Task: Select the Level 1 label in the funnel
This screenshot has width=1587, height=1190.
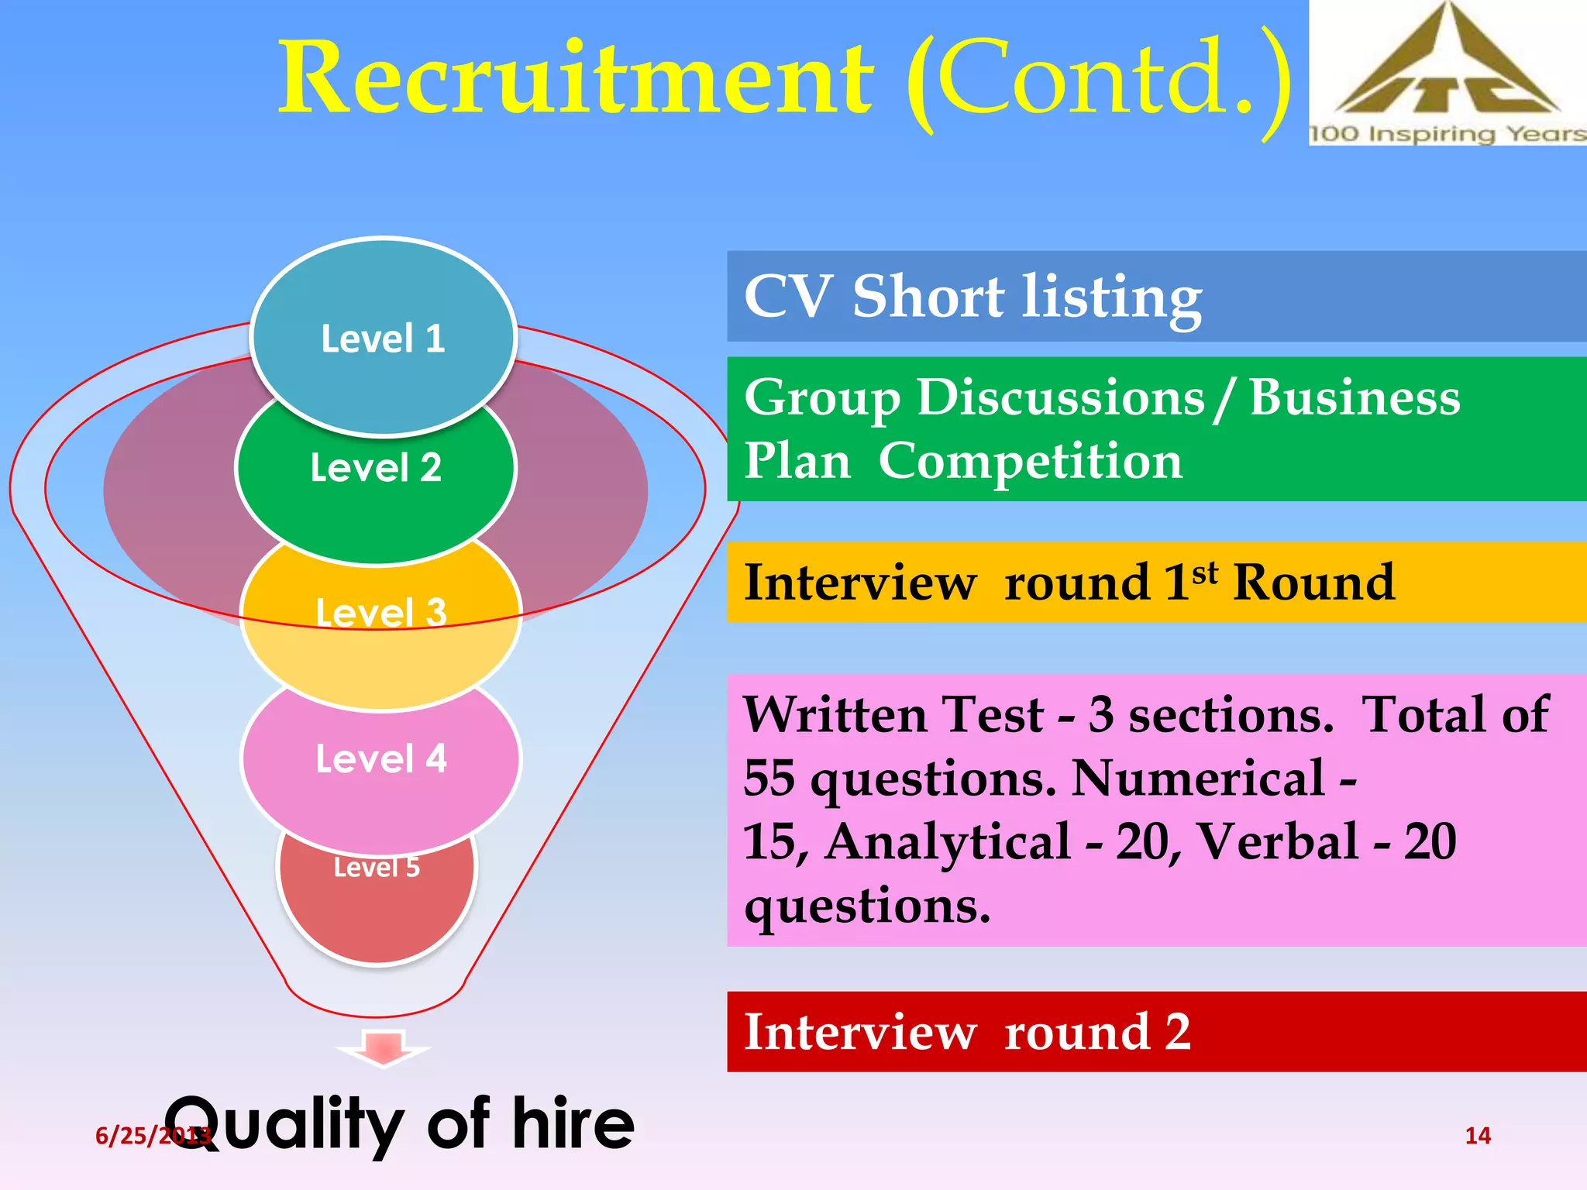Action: [x=383, y=339]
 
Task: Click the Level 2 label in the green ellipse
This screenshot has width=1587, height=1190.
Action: [x=376, y=468]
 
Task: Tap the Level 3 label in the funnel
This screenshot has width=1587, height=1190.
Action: [x=381, y=612]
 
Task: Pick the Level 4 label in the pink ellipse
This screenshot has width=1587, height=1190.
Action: [x=381, y=758]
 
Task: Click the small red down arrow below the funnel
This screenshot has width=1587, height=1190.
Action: [x=383, y=1047]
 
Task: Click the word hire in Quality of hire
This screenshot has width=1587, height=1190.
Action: [x=573, y=1123]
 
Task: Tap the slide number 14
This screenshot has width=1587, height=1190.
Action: [x=1478, y=1136]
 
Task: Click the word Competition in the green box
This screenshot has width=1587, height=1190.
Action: [x=1030, y=462]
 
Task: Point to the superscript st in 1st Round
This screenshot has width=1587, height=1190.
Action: [x=1205, y=573]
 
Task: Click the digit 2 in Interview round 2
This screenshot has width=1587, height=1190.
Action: [x=1177, y=1032]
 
